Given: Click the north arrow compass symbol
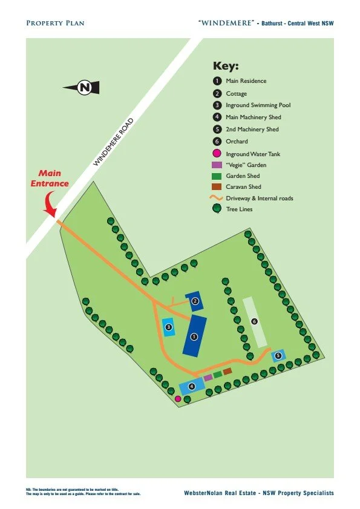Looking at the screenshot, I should (80, 88).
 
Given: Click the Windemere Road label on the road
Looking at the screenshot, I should (113, 143).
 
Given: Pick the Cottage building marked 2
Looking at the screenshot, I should (195, 301).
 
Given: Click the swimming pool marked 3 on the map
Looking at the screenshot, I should (169, 327).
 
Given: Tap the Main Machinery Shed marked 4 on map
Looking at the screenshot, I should (191, 386).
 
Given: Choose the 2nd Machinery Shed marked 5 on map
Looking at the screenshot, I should (278, 355).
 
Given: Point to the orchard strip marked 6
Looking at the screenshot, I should (255, 321).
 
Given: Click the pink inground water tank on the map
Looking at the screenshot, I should (178, 399).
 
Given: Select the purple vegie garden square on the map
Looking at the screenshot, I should (208, 378).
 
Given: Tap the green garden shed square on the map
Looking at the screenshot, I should (217, 375).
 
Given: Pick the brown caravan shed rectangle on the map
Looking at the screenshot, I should (227, 371).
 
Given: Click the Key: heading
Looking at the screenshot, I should (226, 67).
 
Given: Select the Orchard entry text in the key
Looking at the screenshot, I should (237, 142).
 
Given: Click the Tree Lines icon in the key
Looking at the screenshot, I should (217, 209).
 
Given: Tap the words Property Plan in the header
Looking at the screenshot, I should (55, 23).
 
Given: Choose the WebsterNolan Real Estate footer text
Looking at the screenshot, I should (258, 494).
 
